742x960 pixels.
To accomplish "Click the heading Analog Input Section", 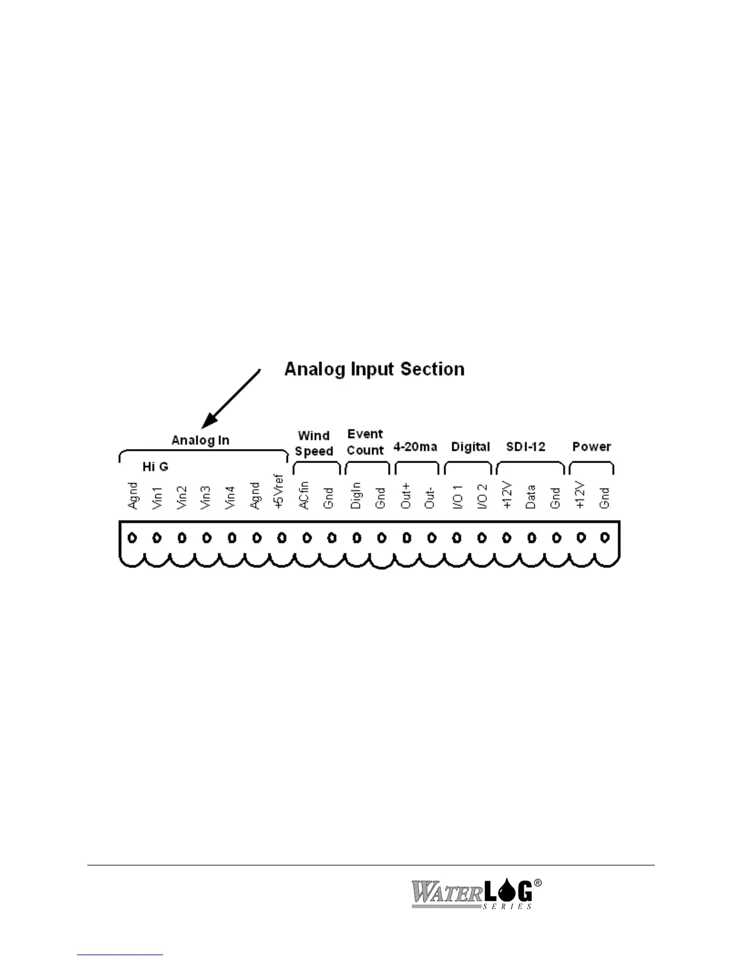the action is coord(374,369).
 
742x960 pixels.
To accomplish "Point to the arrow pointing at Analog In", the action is coord(232,398).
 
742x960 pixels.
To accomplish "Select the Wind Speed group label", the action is coord(314,443).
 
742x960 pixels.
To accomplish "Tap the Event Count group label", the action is coord(365,442).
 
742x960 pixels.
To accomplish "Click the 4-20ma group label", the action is coord(415,447).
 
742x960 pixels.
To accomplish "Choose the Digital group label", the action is coord(470,447).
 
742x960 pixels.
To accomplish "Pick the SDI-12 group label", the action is coord(526,447).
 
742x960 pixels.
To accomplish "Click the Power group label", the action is coord(592,447).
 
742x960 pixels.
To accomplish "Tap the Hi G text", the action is coord(155,467).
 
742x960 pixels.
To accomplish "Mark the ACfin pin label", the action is coord(304,495).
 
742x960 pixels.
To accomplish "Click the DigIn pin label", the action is coord(356,495).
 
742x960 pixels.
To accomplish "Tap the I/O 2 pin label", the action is coord(483,496).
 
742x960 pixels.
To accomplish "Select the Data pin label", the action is coord(531,496).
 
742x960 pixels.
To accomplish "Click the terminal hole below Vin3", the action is coord(207,538).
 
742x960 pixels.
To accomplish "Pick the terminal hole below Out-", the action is coord(432,538).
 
